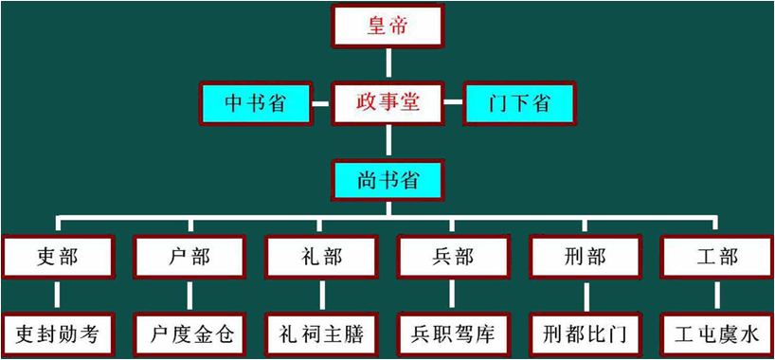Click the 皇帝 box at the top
pos(387,26)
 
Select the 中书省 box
pos(255,103)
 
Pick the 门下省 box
pos(519,103)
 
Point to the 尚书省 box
pos(387,179)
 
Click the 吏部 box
pos(58,256)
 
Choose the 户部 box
pos(189,256)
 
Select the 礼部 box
pos(321,256)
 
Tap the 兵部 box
pos(453,256)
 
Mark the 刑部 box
pos(586,256)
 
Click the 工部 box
pos(717,256)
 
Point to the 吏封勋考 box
pos(58,333)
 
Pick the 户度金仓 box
pos(189,333)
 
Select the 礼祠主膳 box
pos(321,333)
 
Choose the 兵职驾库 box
pos(453,333)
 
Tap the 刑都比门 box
pos(586,333)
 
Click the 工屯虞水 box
pos(717,333)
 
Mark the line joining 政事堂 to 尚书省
pos(387,141)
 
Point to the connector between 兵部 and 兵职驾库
pos(454,295)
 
